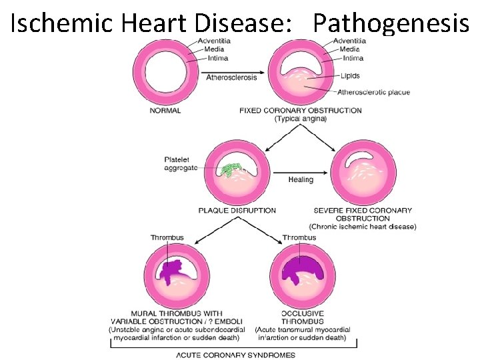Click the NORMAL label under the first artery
(165, 111)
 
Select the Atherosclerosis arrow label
(231, 77)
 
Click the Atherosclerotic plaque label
(373, 92)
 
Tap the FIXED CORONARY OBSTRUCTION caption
(300, 111)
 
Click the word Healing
(301, 180)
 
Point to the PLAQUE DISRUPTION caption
(237, 211)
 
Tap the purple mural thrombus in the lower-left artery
(175, 269)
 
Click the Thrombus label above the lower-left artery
(167, 238)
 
